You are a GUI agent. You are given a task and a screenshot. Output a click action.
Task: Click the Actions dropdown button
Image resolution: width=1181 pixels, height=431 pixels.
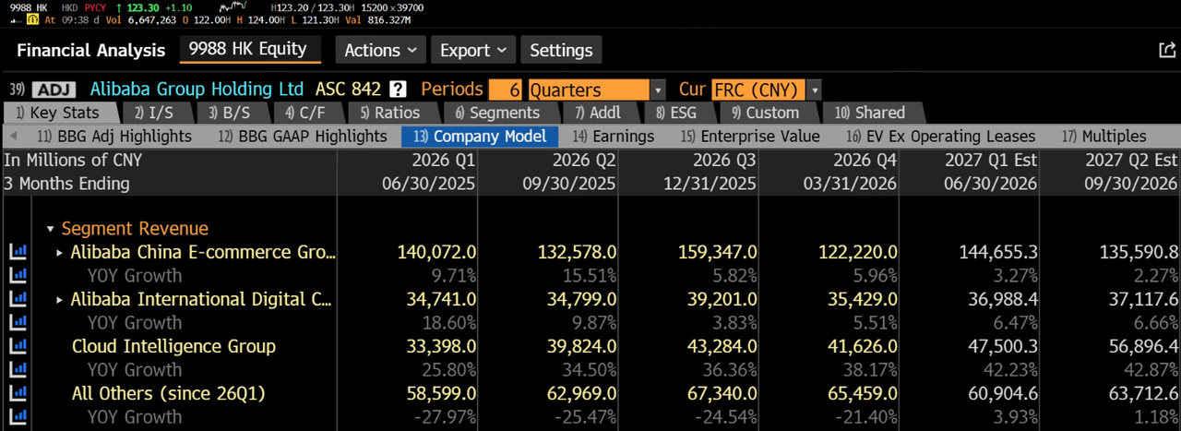[x=381, y=50]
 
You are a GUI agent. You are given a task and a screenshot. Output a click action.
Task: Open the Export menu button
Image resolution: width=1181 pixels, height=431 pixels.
[x=473, y=50]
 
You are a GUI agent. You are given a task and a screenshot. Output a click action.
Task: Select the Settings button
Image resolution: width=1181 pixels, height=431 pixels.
[x=561, y=50]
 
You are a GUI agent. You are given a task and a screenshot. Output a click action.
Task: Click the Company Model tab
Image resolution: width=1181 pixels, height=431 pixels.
[x=479, y=136]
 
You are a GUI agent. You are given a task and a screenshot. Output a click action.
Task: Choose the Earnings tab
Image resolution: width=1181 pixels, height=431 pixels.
[x=614, y=136]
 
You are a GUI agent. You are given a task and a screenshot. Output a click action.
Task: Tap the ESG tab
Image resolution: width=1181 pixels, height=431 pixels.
[x=676, y=113]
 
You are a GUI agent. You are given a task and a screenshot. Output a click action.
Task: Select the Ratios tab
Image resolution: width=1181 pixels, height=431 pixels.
[x=390, y=113]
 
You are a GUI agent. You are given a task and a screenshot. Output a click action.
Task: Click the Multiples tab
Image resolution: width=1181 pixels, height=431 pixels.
[x=1104, y=136]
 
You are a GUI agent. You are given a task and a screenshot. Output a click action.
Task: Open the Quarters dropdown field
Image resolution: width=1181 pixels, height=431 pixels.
[x=596, y=90]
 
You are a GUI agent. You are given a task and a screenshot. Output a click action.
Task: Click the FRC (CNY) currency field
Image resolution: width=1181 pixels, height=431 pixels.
[x=758, y=90]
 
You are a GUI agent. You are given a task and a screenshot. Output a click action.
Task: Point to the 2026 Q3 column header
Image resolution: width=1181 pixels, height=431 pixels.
[x=724, y=160]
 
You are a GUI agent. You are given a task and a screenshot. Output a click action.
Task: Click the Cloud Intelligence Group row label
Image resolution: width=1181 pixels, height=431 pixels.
[x=173, y=346]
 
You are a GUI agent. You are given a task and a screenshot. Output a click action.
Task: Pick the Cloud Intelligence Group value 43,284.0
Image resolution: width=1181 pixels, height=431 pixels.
[x=722, y=346]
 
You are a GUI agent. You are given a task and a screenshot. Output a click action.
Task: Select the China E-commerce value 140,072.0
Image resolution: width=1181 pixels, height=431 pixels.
[x=436, y=252]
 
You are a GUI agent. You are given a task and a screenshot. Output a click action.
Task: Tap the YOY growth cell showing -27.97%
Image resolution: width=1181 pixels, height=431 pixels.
[x=445, y=417]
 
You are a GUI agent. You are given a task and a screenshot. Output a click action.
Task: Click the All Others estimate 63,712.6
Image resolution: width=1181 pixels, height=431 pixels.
[x=1143, y=393]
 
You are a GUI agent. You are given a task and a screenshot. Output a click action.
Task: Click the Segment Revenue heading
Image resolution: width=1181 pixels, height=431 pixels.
[x=135, y=229]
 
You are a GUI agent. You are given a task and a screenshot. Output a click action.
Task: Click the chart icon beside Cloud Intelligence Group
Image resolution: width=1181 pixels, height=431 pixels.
[x=18, y=345]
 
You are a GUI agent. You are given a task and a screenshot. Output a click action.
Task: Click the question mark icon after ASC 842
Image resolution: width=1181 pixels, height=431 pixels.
[x=398, y=90]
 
